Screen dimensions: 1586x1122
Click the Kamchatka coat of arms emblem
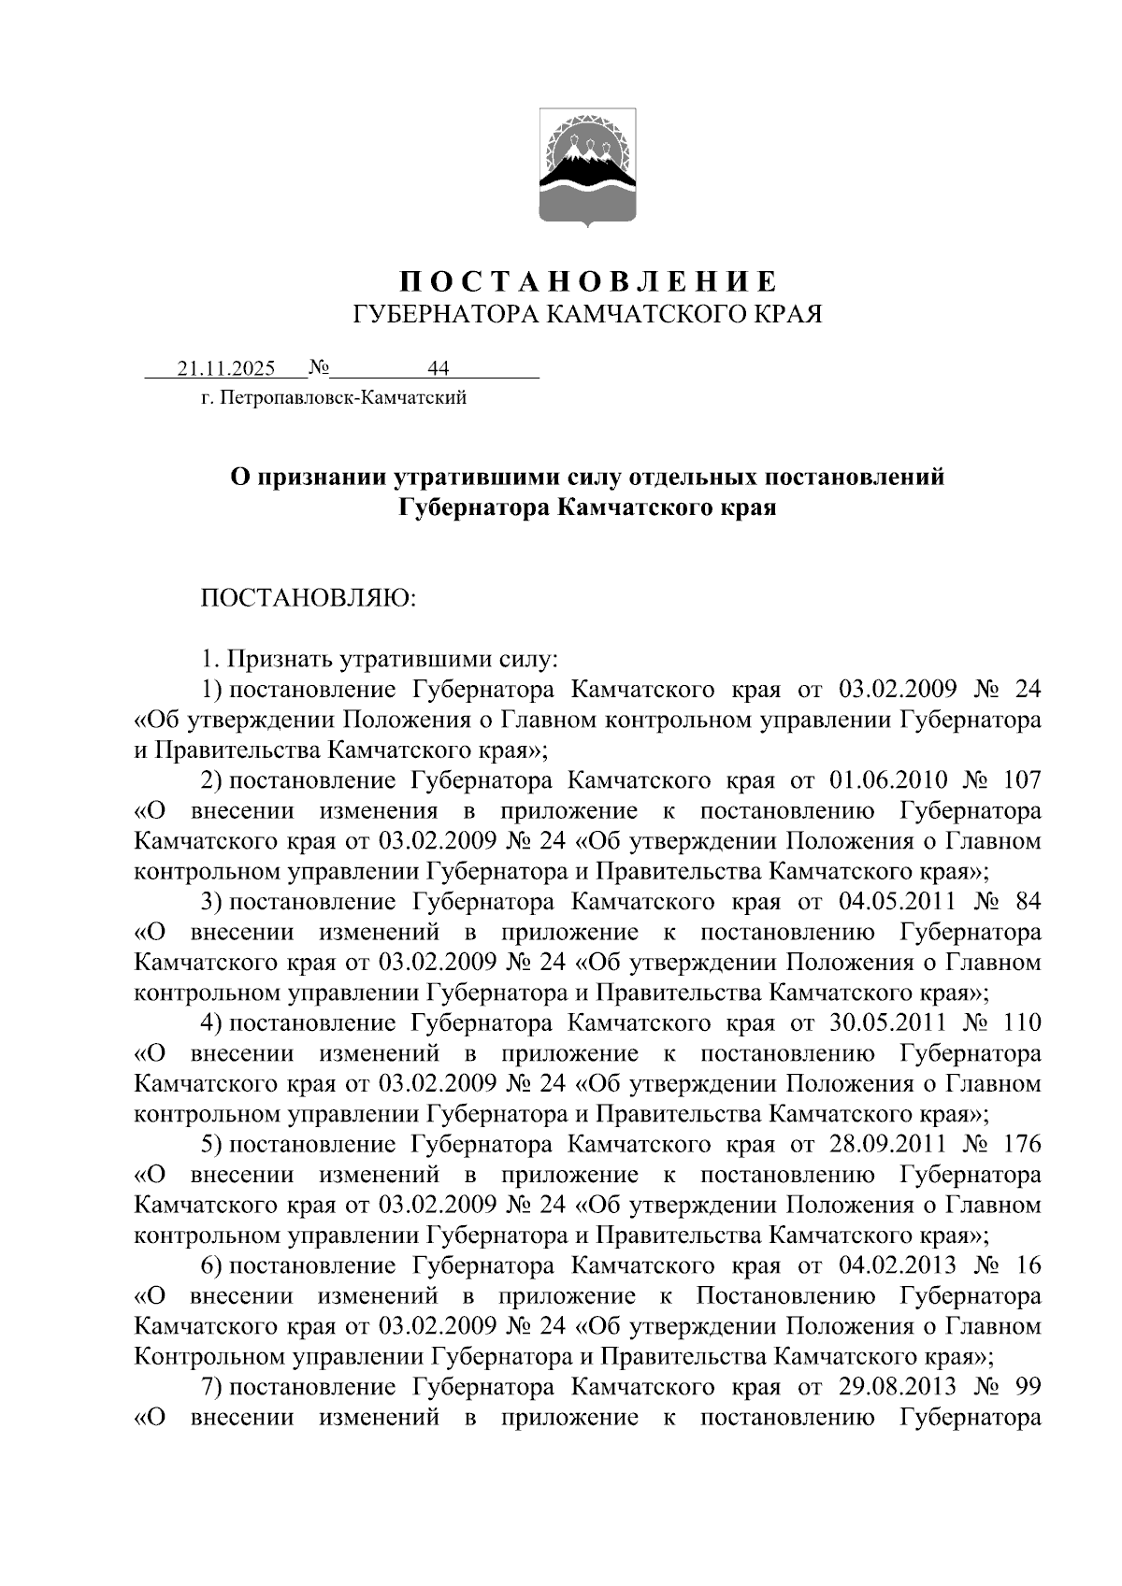click(x=588, y=168)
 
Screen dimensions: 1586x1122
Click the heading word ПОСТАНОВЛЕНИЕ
click(x=588, y=281)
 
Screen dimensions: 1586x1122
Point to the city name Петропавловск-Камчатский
click(x=342, y=399)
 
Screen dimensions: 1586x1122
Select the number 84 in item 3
click(x=1026, y=902)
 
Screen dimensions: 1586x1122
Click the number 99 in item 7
click(x=1026, y=1387)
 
